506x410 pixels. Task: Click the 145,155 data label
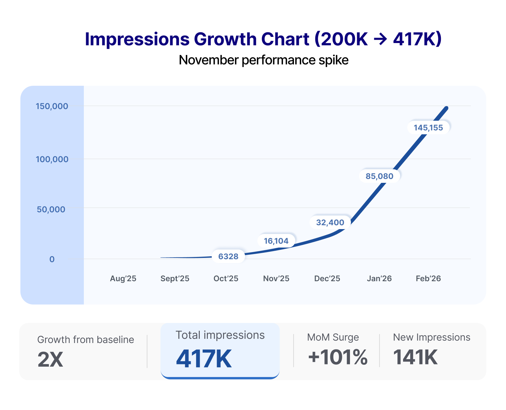[x=428, y=127]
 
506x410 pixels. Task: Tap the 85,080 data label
[x=379, y=176]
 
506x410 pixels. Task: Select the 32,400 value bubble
[x=330, y=222]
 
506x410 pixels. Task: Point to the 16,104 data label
[x=276, y=241]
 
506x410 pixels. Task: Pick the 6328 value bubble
[x=228, y=256]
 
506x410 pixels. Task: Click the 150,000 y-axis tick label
[x=52, y=106]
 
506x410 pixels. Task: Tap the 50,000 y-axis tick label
[x=51, y=209]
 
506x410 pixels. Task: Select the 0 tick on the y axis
[x=52, y=259]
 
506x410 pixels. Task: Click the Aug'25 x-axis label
[x=123, y=279]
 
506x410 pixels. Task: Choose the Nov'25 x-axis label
[x=276, y=279]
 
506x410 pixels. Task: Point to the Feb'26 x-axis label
[x=428, y=279]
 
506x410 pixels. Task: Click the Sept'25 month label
[x=175, y=279]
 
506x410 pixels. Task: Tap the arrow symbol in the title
[x=380, y=39]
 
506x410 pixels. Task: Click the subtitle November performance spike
[x=264, y=60]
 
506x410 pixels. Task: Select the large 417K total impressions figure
[x=204, y=359]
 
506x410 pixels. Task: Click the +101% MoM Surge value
[x=337, y=357]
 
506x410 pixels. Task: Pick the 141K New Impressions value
[x=415, y=357]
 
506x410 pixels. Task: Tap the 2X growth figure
[x=50, y=360]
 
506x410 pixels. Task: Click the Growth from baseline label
[x=85, y=339]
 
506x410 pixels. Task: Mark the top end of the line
[x=447, y=108]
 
